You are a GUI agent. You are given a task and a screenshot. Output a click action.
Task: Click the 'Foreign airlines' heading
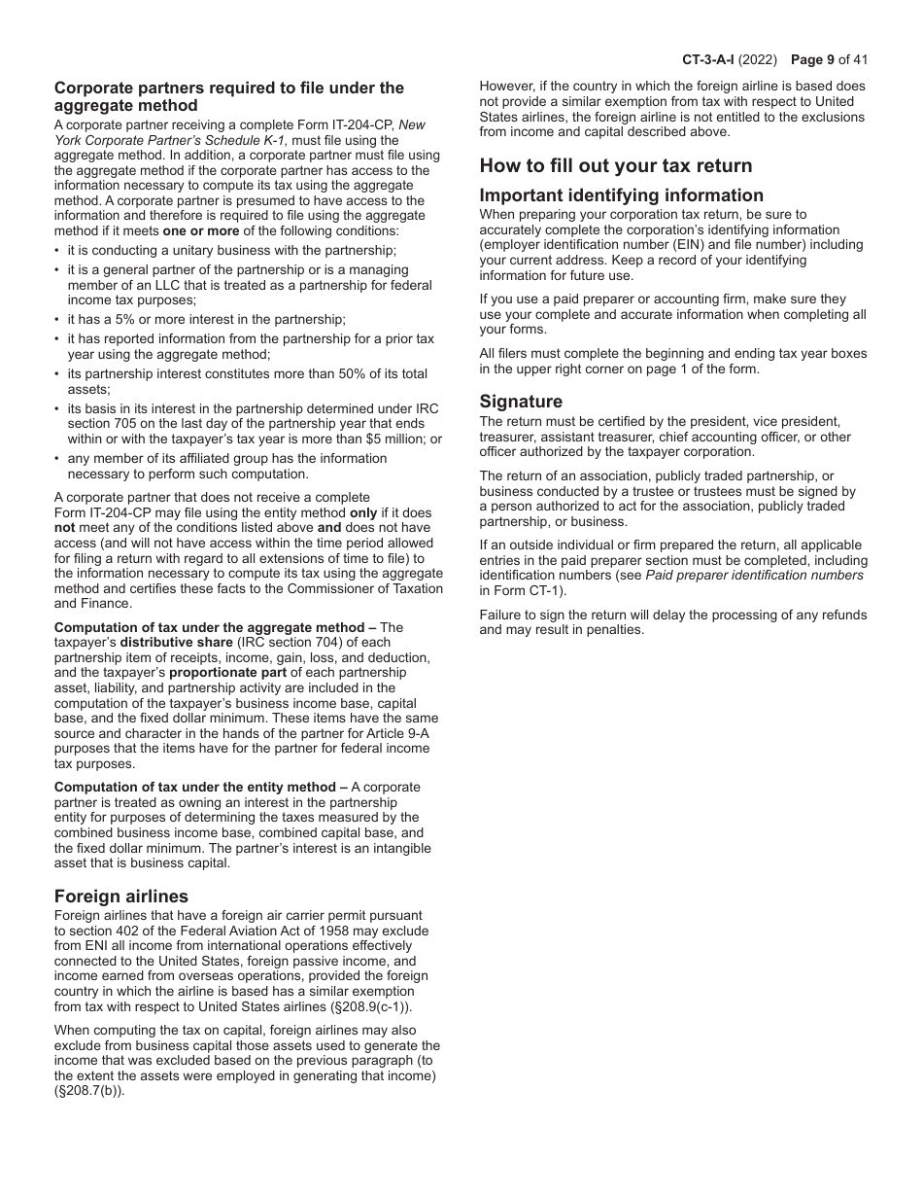point(121,896)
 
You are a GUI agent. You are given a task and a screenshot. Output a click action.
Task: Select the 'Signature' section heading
point(521,402)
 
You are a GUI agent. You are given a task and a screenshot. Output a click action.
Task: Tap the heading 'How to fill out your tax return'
point(616,165)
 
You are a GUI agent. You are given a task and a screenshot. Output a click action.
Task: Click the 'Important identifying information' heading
point(622,194)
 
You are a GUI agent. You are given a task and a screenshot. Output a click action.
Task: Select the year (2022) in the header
point(758,59)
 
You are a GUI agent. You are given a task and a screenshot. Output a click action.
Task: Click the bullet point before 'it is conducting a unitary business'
point(57,250)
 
